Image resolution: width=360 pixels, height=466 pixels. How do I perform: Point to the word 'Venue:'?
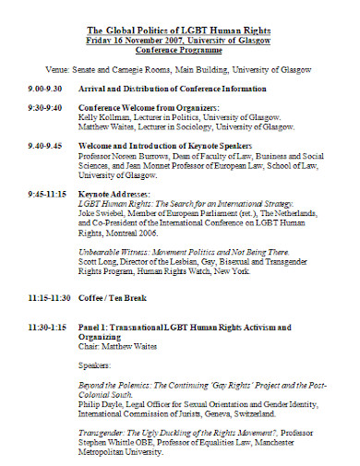pyautogui.click(x=59, y=68)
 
